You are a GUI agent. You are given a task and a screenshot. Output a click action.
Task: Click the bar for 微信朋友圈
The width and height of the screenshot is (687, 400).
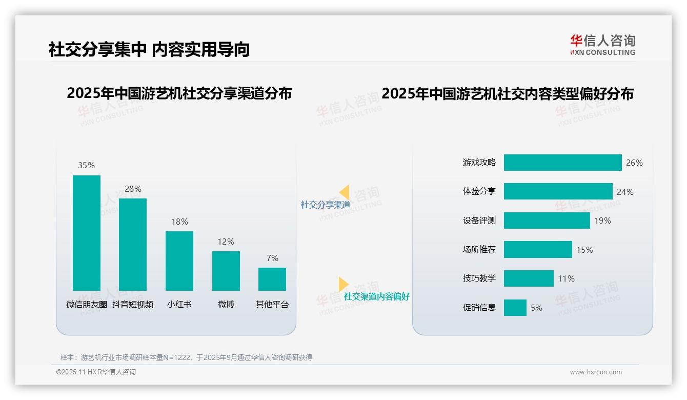click(87, 233)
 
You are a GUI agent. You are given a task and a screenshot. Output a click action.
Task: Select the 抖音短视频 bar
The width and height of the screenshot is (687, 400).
click(133, 245)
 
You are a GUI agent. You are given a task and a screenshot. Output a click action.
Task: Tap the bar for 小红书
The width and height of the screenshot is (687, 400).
click(179, 261)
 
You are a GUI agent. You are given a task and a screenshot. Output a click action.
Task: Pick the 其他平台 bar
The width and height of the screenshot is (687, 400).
click(272, 279)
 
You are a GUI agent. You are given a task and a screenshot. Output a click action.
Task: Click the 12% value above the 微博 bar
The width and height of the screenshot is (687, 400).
click(226, 242)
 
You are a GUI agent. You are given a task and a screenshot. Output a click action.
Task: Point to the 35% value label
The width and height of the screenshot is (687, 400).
click(87, 165)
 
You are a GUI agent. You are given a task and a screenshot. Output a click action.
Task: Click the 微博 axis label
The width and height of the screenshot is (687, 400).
click(226, 304)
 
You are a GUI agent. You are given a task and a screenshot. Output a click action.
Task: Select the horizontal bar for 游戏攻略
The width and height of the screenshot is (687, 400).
click(562, 163)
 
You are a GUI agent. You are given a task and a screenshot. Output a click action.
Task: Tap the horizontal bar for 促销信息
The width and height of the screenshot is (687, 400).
click(515, 308)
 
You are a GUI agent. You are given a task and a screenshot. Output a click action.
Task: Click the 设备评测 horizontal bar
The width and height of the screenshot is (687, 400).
click(547, 221)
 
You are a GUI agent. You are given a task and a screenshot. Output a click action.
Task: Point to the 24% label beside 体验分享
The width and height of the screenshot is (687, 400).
click(625, 192)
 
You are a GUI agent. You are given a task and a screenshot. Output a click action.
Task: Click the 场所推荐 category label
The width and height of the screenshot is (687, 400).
click(479, 250)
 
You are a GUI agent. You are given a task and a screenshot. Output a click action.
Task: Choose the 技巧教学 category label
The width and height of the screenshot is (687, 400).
click(479, 278)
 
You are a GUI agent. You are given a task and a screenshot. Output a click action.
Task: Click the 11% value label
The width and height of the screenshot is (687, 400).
click(566, 278)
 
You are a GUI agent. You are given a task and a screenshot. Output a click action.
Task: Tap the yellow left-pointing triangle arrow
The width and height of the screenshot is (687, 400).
click(345, 192)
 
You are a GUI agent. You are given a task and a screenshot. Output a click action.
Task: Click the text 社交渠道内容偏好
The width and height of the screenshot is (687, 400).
click(377, 296)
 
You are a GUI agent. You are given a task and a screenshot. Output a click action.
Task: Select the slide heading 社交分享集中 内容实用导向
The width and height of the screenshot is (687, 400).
click(149, 49)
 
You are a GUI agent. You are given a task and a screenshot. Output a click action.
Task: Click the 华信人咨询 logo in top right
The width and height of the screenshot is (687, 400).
click(602, 45)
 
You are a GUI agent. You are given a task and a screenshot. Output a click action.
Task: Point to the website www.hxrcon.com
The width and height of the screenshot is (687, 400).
click(596, 372)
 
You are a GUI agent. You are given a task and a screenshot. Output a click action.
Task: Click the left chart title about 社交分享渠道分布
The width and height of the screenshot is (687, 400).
click(179, 93)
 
